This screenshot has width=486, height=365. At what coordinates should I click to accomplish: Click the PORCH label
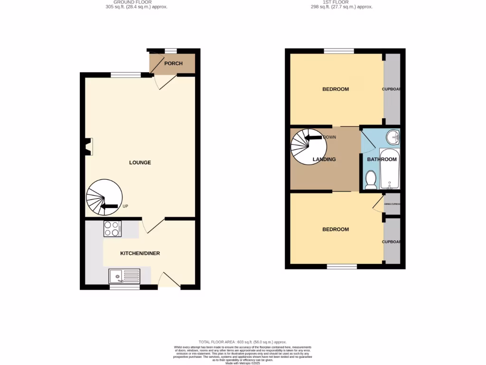tap(173, 64)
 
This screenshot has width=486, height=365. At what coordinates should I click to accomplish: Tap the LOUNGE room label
tap(140, 163)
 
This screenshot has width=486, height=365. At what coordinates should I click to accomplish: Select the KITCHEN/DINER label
tap(140, 253)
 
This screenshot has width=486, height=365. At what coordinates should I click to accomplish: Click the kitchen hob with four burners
tap(112, 229)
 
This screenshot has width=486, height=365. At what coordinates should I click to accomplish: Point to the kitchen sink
tap(125, 276)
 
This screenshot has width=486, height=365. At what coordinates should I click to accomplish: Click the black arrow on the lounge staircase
tap(110, 206)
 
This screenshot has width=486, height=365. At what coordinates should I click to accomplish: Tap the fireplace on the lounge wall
tap(88, 146)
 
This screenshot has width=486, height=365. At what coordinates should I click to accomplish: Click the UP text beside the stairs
tap(125, 206)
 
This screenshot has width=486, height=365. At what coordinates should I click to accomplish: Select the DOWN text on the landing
tap(329, 137)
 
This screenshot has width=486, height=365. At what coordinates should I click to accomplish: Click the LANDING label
tap(325, 159)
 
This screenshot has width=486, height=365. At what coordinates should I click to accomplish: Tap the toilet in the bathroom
tap(371, 180)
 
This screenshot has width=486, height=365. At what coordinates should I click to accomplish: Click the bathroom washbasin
tap(393, 137)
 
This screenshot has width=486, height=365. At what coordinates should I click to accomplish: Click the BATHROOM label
tap(382, 159)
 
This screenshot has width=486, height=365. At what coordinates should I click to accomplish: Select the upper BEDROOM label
tap(336, 89)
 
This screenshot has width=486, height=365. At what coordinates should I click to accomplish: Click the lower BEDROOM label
tap(336, 230)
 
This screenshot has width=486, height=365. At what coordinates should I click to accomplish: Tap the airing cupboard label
tap(392, 204)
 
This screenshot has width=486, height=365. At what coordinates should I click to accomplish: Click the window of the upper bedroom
tap(339, 51)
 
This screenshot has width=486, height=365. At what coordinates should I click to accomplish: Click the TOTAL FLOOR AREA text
tap(243, 342)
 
